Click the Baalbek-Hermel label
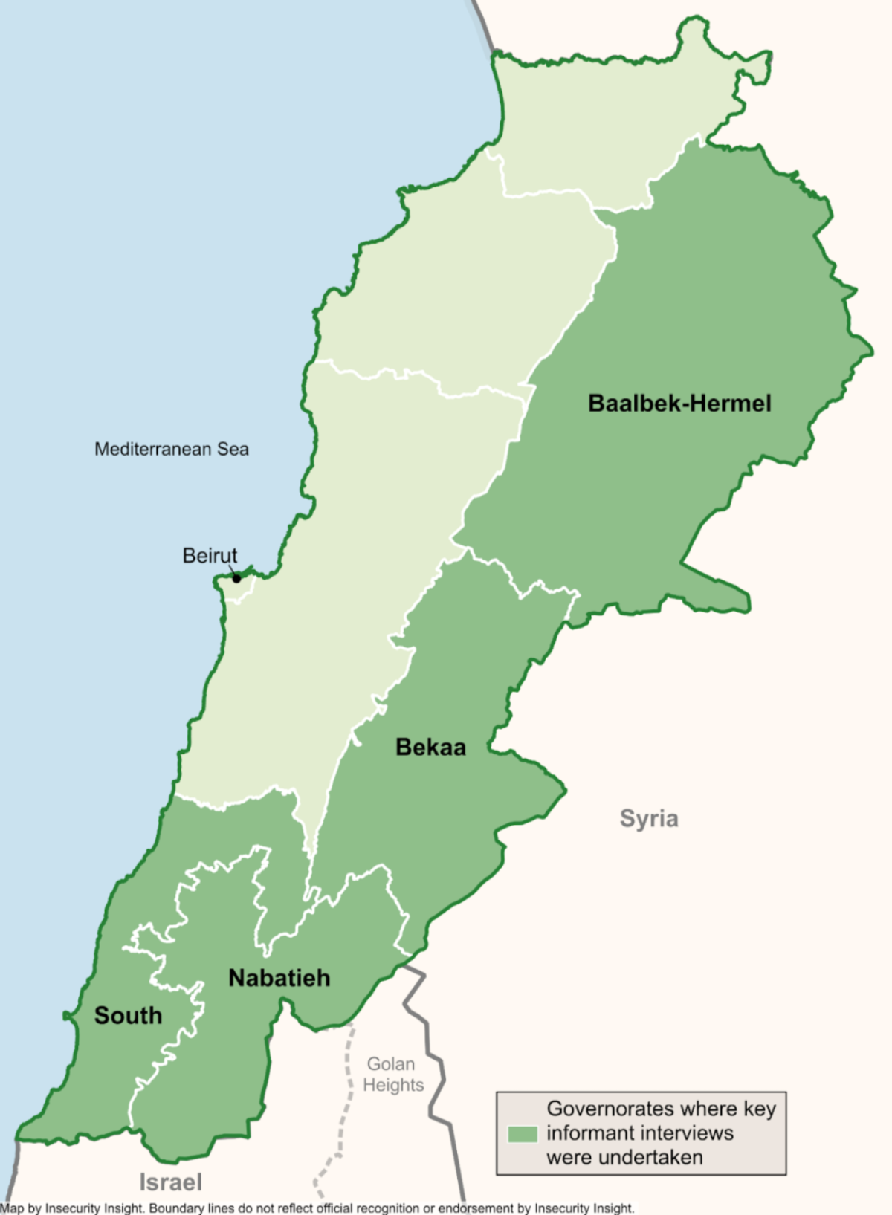point(679,404)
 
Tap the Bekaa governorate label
point(430,747)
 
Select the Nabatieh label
point(279,978)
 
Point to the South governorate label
point(128,1016)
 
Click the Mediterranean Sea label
point(171,449)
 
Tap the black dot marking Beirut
point(236,578)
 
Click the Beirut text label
point(210,555)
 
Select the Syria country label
point(649,818)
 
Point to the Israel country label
point(170,1182)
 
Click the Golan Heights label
point(392,1075)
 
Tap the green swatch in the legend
point(523,1134)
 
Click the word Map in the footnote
point(12,1208)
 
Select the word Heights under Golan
point(393,1085)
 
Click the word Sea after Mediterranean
point(233,449)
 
